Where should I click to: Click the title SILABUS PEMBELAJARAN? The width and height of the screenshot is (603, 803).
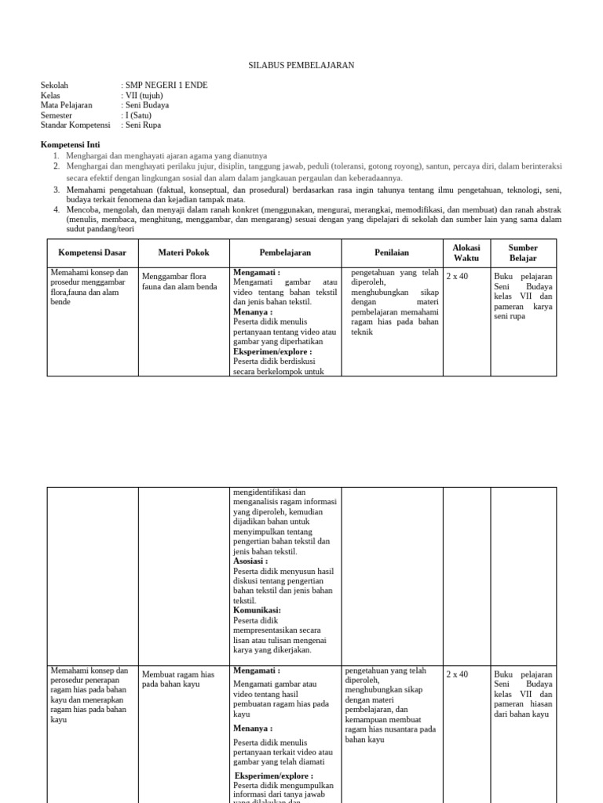301,65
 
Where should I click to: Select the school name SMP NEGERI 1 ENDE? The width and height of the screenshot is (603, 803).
166,85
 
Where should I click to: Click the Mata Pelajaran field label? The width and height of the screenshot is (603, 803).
66,105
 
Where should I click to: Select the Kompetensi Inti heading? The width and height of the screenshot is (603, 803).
70,145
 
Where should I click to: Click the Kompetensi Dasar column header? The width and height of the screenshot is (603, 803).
92,253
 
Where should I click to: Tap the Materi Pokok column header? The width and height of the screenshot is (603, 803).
184,253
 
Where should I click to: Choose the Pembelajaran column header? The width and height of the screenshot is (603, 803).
285,253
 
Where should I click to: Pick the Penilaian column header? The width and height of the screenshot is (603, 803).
392,253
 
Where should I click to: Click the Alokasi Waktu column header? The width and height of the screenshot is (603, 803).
466,253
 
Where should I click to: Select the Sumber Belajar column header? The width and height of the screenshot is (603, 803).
523,253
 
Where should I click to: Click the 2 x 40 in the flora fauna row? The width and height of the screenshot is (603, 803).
457,277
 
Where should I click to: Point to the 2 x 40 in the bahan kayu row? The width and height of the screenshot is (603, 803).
457,674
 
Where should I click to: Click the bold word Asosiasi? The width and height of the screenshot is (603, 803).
250,561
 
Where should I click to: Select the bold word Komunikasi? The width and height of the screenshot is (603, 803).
257,610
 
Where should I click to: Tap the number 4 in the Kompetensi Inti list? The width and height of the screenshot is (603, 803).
57,210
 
